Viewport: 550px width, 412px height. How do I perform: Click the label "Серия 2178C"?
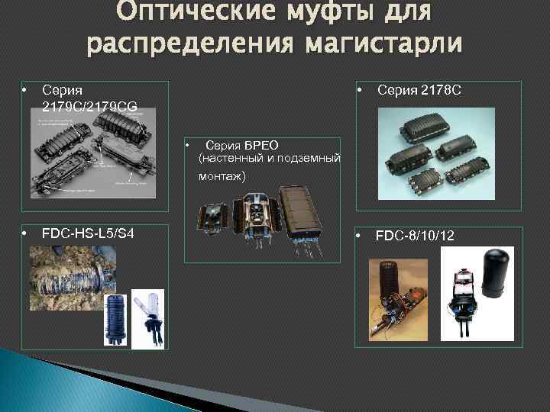point(419,91)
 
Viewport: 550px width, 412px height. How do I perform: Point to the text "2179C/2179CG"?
point(89,107)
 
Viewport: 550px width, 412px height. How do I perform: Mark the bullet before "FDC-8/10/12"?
point(361,236)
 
